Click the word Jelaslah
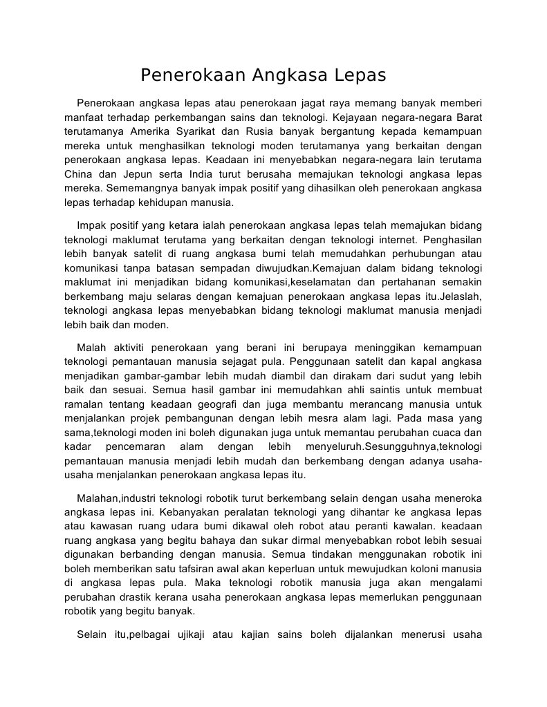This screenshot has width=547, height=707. [460, 296]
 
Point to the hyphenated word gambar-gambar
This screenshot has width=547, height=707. [159, 375]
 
